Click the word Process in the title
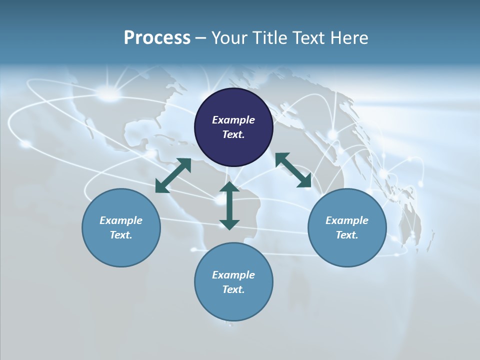pos(157,38)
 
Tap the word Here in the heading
pos(348,38)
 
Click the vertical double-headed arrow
pos(229,205)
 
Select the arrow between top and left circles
pos(173,175)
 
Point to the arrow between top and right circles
pos(293,170)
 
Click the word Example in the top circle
pos(233,120)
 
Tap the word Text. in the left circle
pos(121,235)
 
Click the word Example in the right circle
pos(347,220)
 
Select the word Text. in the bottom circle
pos(233,289)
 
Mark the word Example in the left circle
pos(121,220)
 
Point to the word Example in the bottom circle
pos(233,275)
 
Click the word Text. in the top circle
pos(233,134)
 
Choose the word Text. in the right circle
pos(347,235)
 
